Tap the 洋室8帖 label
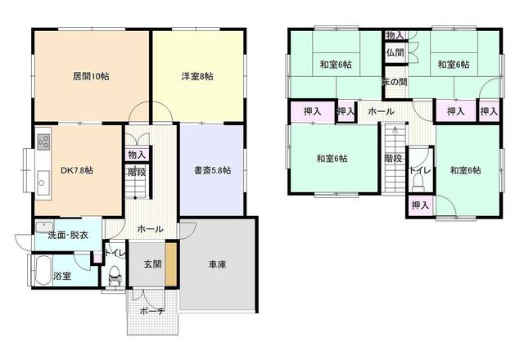point(197,76)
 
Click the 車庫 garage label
point(217,264)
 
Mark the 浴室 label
point(62,276)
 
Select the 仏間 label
point(394,52)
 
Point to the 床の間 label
point(395,82)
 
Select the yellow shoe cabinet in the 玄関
point(171,263)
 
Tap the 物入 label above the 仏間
point(394,35)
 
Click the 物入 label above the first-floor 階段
point(137,155)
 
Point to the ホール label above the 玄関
point(150,229)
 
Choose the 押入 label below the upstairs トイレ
point(420,205)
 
